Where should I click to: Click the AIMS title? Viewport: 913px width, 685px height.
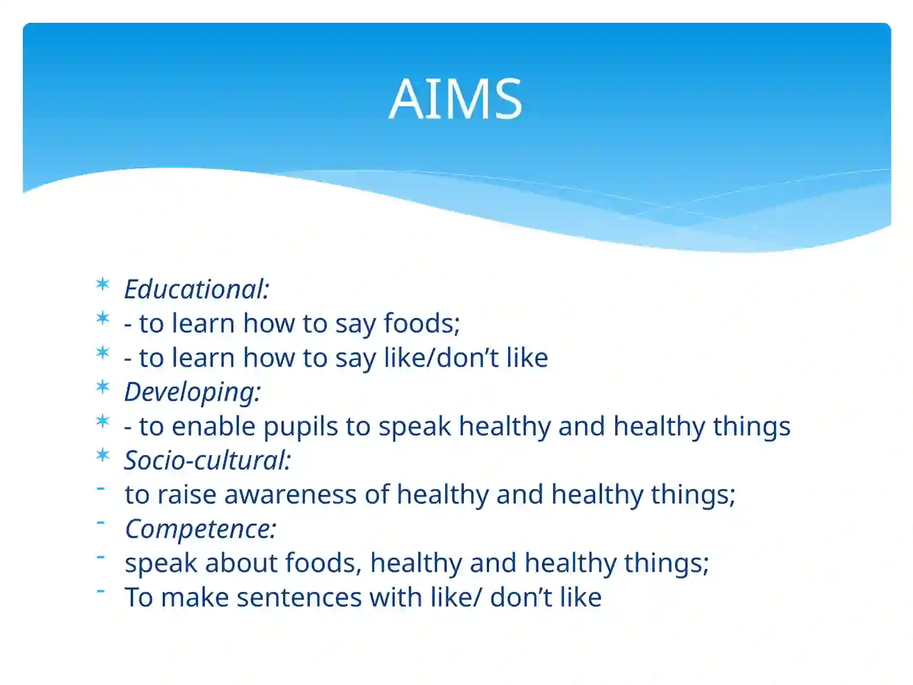click(455, 99)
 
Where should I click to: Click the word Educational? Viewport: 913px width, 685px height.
click(195, 289)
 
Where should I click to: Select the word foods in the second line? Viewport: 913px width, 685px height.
click(421, 323)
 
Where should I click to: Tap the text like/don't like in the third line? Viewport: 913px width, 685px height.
click(466, 358)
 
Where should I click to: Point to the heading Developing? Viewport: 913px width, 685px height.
click(192, 392)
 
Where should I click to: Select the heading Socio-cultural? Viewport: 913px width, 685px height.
click(207, 461)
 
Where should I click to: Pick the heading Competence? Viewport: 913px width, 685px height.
click(200, 529)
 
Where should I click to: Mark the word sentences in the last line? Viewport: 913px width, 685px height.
click(299, 598)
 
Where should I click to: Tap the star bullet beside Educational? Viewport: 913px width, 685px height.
click(103, 284)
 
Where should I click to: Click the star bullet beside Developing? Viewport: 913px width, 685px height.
click(103, 386)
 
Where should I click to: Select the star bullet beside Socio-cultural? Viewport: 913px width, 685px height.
click(103, 455)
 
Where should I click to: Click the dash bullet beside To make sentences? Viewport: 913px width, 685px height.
click(101, 591)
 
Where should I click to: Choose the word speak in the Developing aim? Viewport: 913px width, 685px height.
click(414, 427)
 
